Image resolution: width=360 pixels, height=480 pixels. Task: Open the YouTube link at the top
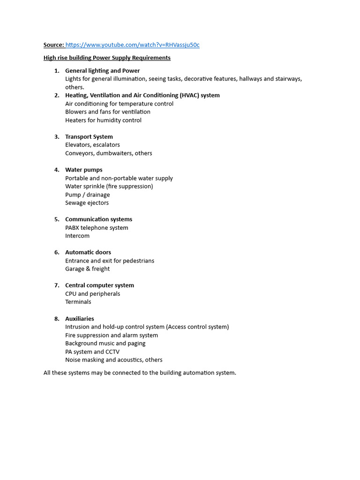tap(132, 45)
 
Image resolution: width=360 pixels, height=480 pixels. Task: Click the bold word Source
tap(53, 45)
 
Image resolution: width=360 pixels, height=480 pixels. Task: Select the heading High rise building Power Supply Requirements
tap(107, 58)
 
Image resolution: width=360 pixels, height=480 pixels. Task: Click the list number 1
tap(57, 71)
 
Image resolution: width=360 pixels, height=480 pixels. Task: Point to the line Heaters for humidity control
tap(103, 120)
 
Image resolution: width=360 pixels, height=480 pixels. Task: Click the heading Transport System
tap(89, 137)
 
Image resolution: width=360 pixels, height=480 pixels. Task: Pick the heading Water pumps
tap(84, 170)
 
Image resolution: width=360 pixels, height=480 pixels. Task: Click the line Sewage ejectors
tap(87, 203)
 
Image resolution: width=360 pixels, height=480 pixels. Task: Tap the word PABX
tap(72, 228)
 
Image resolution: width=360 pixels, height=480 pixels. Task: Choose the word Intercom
tap(77, 236)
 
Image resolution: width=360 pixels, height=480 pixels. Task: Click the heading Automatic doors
tap(88, 252)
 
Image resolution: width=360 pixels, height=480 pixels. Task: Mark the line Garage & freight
tap(87, 269)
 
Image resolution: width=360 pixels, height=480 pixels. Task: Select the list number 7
tap(57, 285)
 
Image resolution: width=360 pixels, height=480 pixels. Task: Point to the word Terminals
tap(78, 302)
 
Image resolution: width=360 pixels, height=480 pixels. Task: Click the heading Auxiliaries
tap(80, 319)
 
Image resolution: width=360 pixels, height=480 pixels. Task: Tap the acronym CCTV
tap(112, 352)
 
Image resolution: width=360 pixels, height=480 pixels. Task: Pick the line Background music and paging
tap(105, 343)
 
